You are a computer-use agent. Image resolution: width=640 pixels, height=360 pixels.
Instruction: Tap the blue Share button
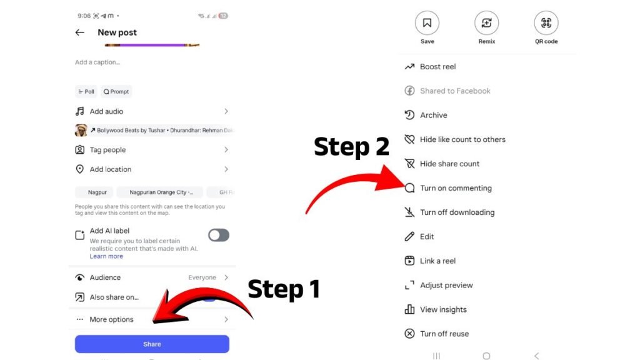[x=152, y=344]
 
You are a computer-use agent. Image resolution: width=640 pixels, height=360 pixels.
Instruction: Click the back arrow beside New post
[x=79, y=32]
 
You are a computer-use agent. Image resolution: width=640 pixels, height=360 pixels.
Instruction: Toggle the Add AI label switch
[x=219, y=235]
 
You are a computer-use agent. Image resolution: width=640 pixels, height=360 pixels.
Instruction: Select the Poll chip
[x=86, y=91]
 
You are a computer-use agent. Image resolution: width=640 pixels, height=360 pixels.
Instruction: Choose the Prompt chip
[x=116, y=91]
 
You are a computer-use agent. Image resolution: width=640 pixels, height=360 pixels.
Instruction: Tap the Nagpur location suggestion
[x=97, y=192]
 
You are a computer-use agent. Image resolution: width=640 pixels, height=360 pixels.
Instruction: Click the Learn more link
[x=106, y=256]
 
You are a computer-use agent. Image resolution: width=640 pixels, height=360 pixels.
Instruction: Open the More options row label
[x=111, y=319]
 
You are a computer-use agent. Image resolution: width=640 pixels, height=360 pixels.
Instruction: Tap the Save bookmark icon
[x=427, y=23]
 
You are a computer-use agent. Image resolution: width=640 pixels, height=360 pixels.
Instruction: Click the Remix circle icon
[x=486, y=23]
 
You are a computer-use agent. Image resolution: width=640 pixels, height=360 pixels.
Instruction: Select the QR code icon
[x=546, y=23]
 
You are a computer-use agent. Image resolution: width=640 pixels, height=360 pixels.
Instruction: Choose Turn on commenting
[x=456, y=188]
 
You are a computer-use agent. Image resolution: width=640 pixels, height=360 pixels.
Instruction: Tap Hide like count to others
[x=462, y=139]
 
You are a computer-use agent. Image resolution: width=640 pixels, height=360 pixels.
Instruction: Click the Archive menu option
[x=434, y=115]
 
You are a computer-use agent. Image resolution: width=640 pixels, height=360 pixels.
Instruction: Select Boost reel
[x=438, y=66]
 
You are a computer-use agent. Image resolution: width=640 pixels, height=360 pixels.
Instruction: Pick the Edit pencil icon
[x=409, y=237]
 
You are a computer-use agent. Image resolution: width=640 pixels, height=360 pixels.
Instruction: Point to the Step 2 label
[x=351, y=147]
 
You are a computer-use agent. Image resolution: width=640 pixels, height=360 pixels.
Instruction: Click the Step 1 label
[x=284, y=289]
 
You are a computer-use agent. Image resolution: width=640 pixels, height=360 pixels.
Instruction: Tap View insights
[x=443, y=309]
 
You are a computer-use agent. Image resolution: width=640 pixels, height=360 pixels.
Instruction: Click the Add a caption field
[x=97, y=62]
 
